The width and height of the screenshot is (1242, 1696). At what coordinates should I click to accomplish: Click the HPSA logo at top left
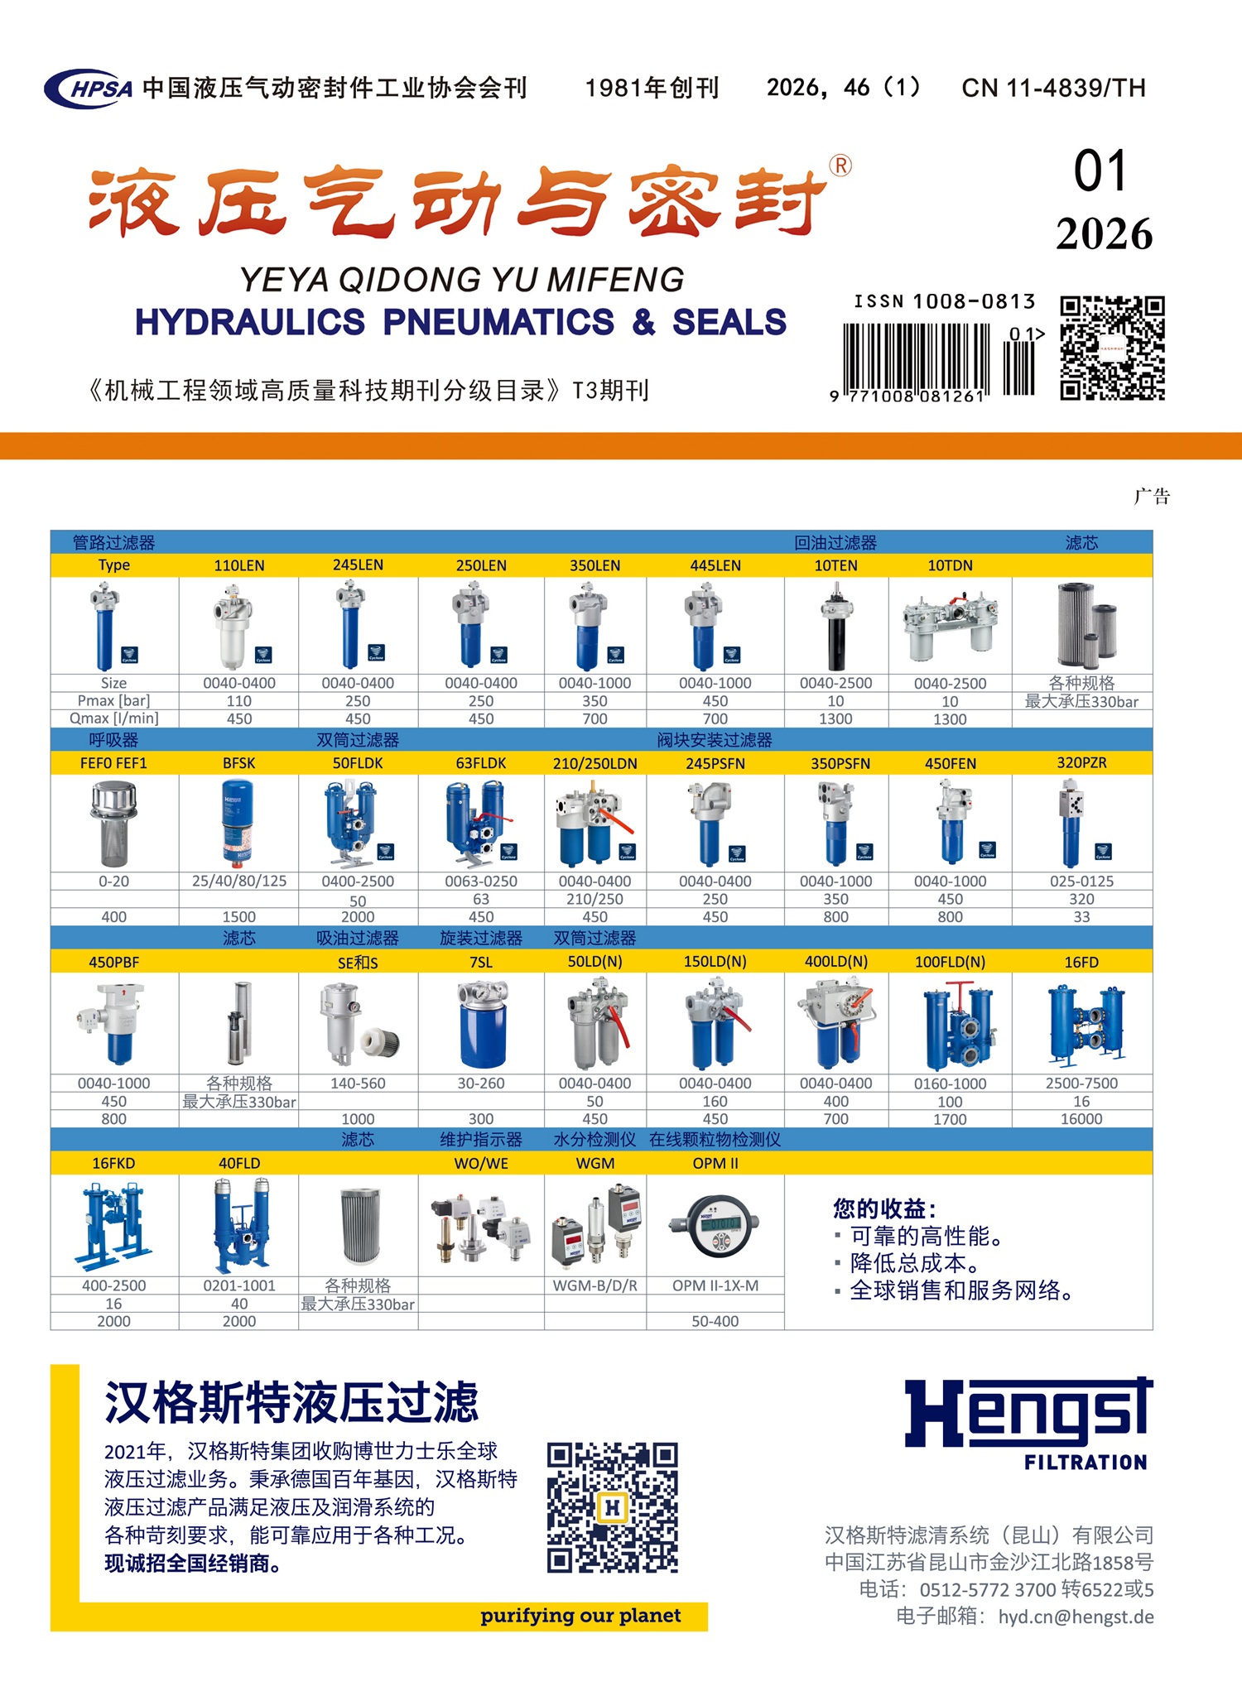pyautogui.click(x=89, y=88)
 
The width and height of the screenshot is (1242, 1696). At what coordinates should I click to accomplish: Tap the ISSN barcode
pyautogui.click(x=939, y=363)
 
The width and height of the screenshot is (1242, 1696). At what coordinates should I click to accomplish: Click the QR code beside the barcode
pyautogui.click(x=1113, y=348)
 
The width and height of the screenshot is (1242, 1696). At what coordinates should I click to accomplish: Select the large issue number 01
pyautogui.click(x=1100, y=171)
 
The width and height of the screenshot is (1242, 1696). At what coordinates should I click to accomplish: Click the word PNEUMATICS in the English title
pyautogui.click(x=498, y=322)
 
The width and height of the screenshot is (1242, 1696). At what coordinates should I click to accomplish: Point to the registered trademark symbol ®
pyautogui.click(x=840, y=166)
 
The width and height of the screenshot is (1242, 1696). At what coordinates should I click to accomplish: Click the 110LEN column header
pyautogui.click(x=239, y=565)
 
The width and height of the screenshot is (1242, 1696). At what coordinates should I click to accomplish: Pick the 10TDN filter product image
pyautogui.click(x=950, y=625)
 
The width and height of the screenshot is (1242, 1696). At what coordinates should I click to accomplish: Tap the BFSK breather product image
pyautogui.click(x=238, y=823)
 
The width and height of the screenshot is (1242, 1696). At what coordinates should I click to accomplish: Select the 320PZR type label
pyautogui.click(x=1081, y=762)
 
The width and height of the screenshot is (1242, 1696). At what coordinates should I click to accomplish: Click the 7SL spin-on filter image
pyautogui.click(x=481, y=1023)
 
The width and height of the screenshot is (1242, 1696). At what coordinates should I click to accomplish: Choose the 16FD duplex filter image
pyautogui.click(x=1086, y=1023)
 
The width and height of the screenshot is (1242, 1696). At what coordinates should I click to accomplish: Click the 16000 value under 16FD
pyautogui.click(x=1081, y=1119)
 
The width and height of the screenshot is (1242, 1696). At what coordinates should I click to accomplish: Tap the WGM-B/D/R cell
pyautogui.click(x=595, y=1285)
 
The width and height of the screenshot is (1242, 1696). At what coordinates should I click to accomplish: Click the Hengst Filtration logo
pyautogui.click(x=1028, y=1423)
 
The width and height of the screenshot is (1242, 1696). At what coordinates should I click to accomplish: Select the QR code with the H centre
pyautogui.click(x=613, y=1508)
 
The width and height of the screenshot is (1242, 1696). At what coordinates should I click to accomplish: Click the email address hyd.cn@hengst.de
pyautogui.click(x=1076, y=1617)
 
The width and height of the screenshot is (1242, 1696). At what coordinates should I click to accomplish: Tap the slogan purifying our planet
pyautogui.click(x=580, y=1616)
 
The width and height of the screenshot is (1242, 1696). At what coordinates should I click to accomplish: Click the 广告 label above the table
pyautogui.click(x=1152, y=497)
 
